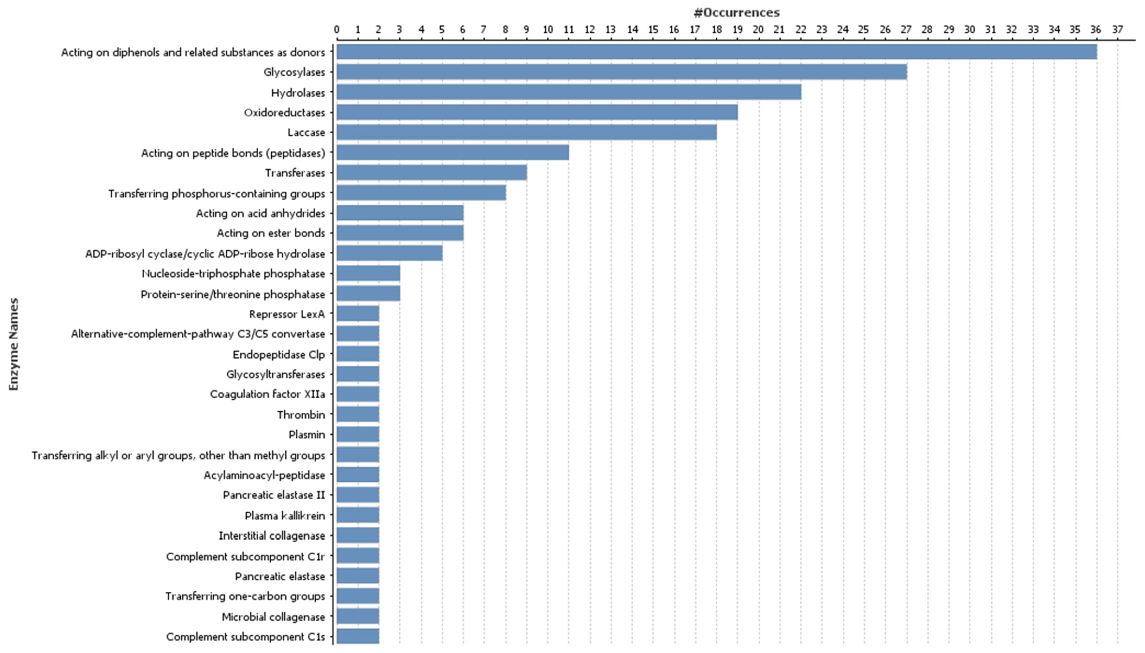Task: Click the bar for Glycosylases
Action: (x=621, y=72)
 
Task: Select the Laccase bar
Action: (x=526, y=132)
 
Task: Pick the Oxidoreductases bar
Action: (x=537, y=112)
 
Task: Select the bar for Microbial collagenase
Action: (x=358, y=616)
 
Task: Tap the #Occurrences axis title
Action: (x=736, y=12)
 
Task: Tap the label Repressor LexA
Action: (x=287, y=314)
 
